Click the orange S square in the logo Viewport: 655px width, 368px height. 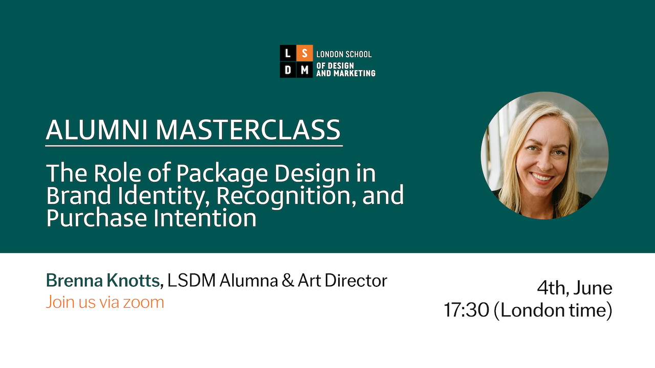(x=304, y=53)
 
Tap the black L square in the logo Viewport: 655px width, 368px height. (x=288, y=53)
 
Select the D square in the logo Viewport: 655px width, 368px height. (x=288, y=70)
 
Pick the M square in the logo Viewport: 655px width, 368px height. (x=304, y=70)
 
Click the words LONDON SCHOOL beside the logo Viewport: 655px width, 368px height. (x=344, y=54)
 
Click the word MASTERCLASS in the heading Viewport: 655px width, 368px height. (x=248, y=130)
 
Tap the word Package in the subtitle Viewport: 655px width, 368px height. (x=222, y=174)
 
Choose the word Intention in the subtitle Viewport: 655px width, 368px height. (x=205, y=218)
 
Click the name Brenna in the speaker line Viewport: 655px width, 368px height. (x=75, y=281)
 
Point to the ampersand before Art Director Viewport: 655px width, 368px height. (x=288, y=281)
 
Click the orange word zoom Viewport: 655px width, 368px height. (x=143, y=303)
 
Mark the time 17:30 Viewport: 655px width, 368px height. (x=466, y=310)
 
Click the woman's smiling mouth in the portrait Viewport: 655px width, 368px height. (x=541, y=177)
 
